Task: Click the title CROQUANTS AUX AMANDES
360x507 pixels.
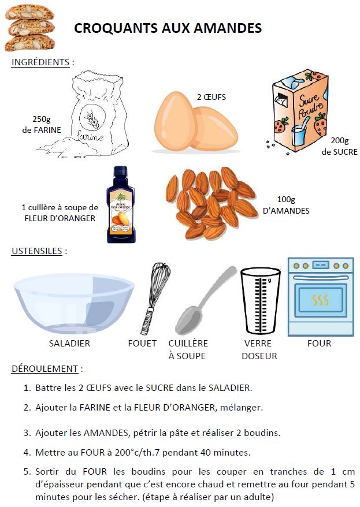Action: (x=168, y=28)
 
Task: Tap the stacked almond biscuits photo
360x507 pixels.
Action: (x=29, y=28)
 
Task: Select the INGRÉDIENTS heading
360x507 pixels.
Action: (x=40, y=62)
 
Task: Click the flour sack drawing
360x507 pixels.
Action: (x=85, y=114)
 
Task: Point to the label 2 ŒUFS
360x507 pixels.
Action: (x=211, y=97)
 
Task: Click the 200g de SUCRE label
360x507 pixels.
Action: (x=339, y=146)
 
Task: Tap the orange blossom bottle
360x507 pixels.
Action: (x=120, y=204)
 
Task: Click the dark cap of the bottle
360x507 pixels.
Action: (x=120, y=174)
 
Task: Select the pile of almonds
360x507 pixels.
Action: (x=211, y=203)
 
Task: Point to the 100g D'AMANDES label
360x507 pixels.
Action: (x=286, y=205)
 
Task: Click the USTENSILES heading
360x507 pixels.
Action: (x=36, y=251)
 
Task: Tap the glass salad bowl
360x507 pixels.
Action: (x=74, y=303)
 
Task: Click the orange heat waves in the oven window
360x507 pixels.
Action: (x=320, y=300)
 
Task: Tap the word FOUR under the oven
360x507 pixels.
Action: (x=319, y=344)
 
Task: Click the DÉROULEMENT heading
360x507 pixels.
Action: (x=44, y=369)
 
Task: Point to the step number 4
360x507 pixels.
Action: (x=27, y=452)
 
